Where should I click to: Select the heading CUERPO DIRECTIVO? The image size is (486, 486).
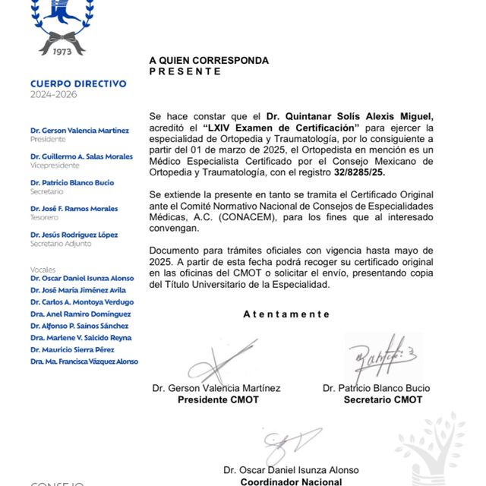click(x=78, y=84)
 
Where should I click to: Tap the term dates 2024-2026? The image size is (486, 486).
click(x=53, y=95)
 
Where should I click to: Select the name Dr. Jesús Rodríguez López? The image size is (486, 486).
click(x=74, y=235)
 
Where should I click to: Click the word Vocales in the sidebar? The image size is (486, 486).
click(x=43, y=270)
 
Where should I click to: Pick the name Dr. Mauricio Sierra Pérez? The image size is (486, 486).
click(x=74, y=349)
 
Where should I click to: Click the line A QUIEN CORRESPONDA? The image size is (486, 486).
click(x=208, y=60)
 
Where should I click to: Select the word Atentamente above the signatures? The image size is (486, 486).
click(x=286, y=314)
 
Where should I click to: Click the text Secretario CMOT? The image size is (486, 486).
click(x=383, y=399)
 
